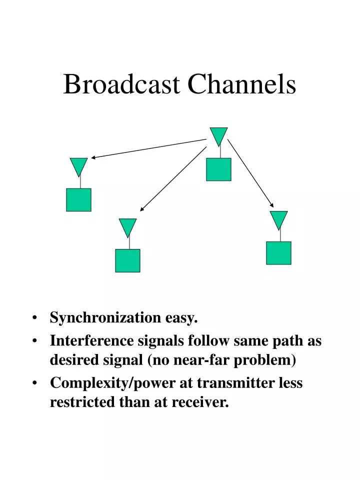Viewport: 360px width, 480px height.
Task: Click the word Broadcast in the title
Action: click(121, 84)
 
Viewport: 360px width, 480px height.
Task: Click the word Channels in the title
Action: click(242, 84)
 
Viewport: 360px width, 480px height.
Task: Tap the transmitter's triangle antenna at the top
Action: click(218, 135)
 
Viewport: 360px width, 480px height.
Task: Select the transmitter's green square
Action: click(218, 169)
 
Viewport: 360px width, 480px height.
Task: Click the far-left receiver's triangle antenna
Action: click(78, 165)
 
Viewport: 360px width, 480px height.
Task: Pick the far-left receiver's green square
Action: click(78, 199)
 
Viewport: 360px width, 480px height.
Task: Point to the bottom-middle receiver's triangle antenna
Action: click(127, 226)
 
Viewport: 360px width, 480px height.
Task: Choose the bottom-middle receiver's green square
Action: click(127, 260)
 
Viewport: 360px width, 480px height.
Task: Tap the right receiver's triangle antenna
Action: click(278, 219)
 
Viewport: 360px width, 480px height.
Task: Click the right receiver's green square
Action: click(278, 252)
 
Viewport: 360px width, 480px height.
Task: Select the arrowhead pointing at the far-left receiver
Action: click(93, 157)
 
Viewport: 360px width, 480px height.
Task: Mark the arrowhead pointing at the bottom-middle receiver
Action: click(142, 209)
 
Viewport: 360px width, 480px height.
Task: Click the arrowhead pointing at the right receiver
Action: click(272, 205)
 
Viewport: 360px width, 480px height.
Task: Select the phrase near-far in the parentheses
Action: click(226, 359)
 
